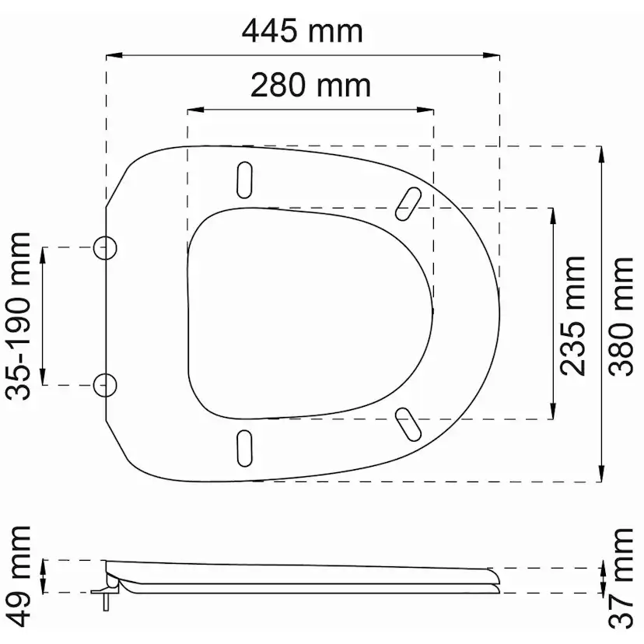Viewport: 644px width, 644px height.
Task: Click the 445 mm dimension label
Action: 303,31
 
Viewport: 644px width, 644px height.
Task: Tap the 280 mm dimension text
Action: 310,85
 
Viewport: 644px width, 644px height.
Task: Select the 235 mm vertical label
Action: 572,316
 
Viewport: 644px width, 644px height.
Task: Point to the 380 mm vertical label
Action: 621,317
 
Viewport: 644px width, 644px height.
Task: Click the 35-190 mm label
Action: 18,317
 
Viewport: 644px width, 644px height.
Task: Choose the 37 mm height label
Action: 621,579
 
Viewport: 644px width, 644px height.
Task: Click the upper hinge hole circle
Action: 105,248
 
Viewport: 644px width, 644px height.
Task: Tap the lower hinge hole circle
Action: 105,385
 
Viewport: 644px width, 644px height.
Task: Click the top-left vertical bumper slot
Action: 245,180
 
